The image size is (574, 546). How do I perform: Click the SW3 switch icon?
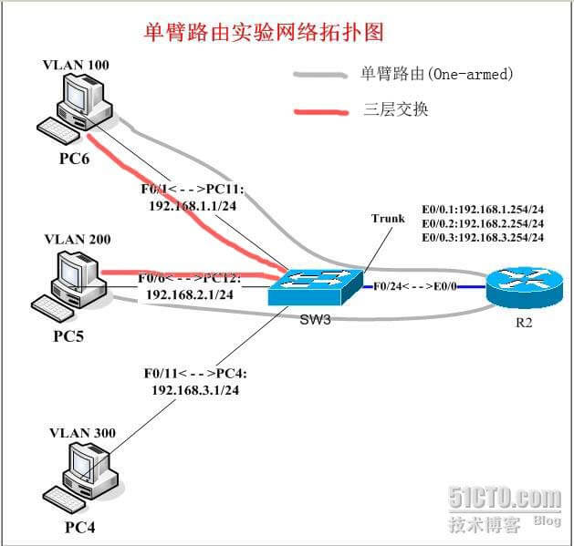(312, 286)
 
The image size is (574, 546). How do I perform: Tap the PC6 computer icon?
(81, 109)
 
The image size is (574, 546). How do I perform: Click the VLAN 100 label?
(75, 66)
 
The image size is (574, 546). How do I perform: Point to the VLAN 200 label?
(78, 240)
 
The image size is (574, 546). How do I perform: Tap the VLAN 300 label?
(80, 433)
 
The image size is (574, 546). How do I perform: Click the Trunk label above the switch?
(388, 219)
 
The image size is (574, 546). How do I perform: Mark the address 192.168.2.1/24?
(190, 294)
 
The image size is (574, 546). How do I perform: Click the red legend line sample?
(320, 109)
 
